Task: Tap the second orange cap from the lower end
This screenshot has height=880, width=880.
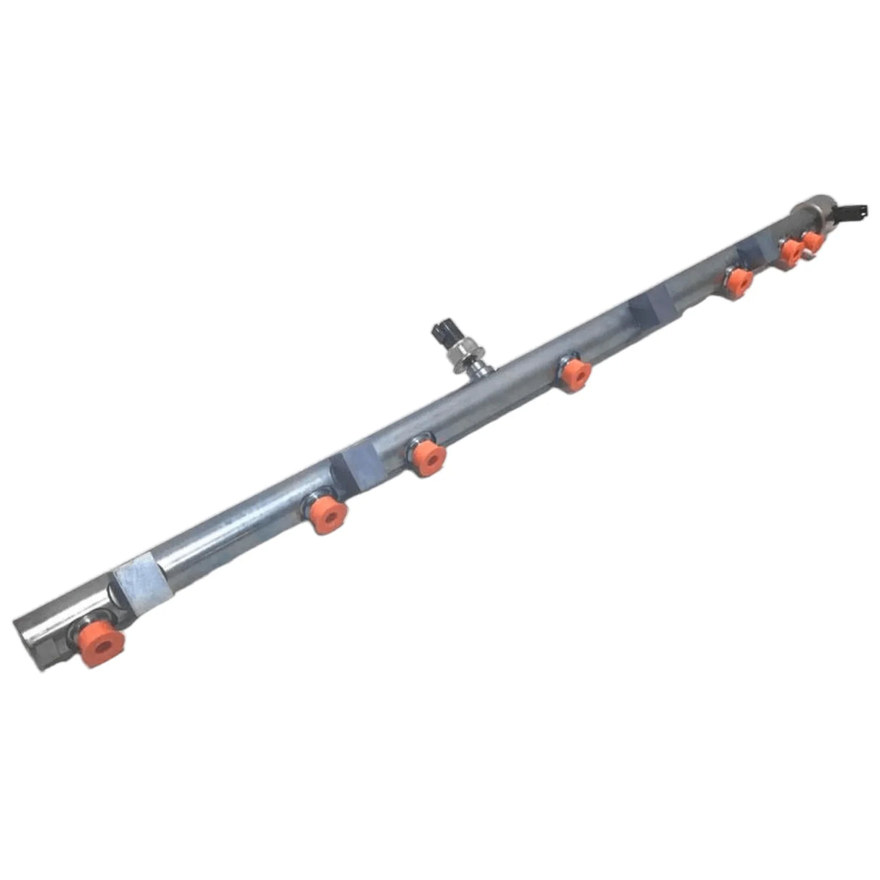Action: (328, 514)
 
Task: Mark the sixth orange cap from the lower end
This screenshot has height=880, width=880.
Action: (791, 252)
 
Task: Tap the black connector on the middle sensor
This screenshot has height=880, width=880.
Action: (442, 333)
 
